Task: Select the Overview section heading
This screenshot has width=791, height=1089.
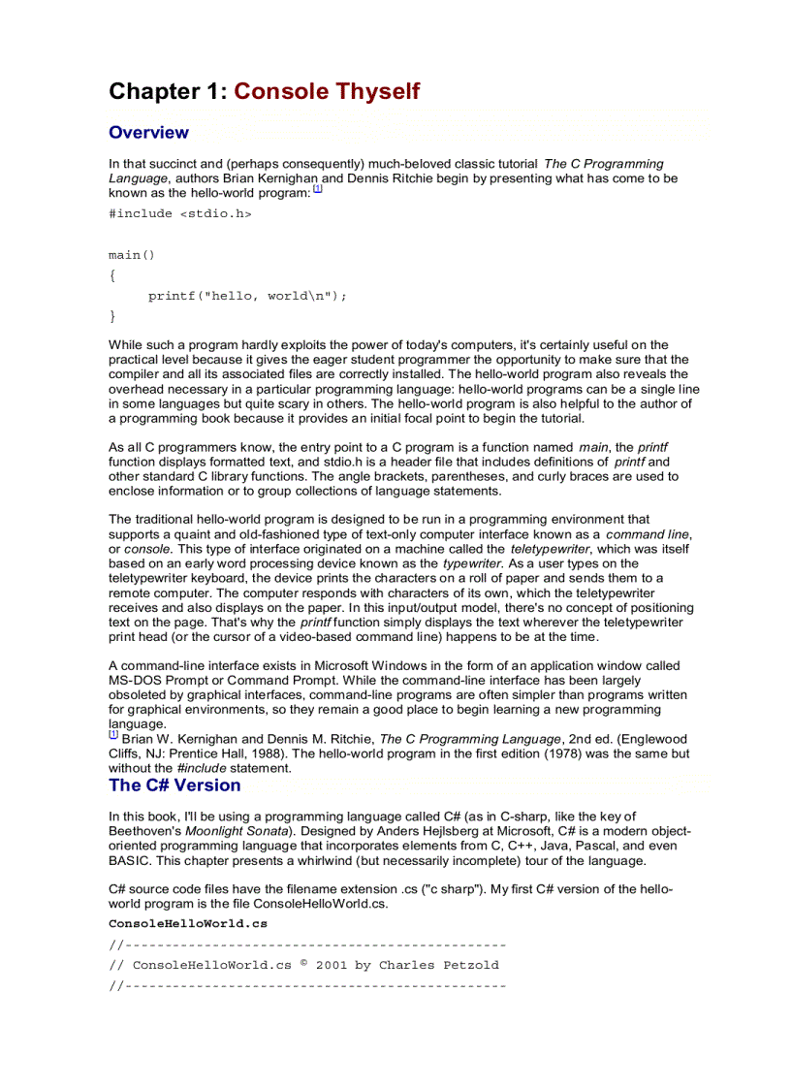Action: [148, 133]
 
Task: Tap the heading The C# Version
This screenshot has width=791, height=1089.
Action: [174, 785]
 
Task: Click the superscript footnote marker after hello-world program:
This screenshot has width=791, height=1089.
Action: [317, 190]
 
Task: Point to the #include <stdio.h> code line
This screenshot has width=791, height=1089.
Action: [179, 214]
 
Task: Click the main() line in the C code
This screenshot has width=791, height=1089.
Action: [131, 256]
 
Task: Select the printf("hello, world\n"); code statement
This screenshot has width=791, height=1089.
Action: [246, 297]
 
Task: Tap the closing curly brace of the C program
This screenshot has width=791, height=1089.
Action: [112, 316]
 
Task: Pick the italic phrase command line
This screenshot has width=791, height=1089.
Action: [648, 534]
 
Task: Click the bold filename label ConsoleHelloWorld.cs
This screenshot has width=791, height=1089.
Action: [188, 924]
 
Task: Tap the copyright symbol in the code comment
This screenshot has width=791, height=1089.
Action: [303, 963]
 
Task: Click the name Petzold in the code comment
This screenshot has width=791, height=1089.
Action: [472, 966]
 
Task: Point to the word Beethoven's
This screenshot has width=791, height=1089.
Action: [147, 832]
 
